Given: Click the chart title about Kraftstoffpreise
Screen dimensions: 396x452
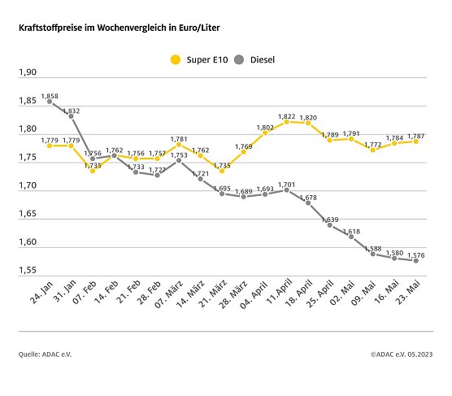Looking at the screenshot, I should (119, 28).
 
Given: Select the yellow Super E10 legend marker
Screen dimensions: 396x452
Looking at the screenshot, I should (174, 59).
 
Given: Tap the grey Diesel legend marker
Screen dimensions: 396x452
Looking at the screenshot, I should (239, 59).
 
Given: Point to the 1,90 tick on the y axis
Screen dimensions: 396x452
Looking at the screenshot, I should (28, 73).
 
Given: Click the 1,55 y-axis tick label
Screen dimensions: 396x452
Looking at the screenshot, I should (28, 270).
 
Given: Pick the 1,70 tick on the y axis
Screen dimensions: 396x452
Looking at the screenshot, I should (28, 186).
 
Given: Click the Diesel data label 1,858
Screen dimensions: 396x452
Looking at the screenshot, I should (50, 96).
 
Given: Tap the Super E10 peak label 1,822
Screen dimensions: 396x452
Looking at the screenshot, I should (287, 116).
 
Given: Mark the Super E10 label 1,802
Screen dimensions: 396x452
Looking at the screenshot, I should (265, 127).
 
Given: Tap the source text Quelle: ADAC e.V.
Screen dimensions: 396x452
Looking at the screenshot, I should (48, 355).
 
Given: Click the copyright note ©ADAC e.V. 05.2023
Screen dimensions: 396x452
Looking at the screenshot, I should (402, 355).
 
